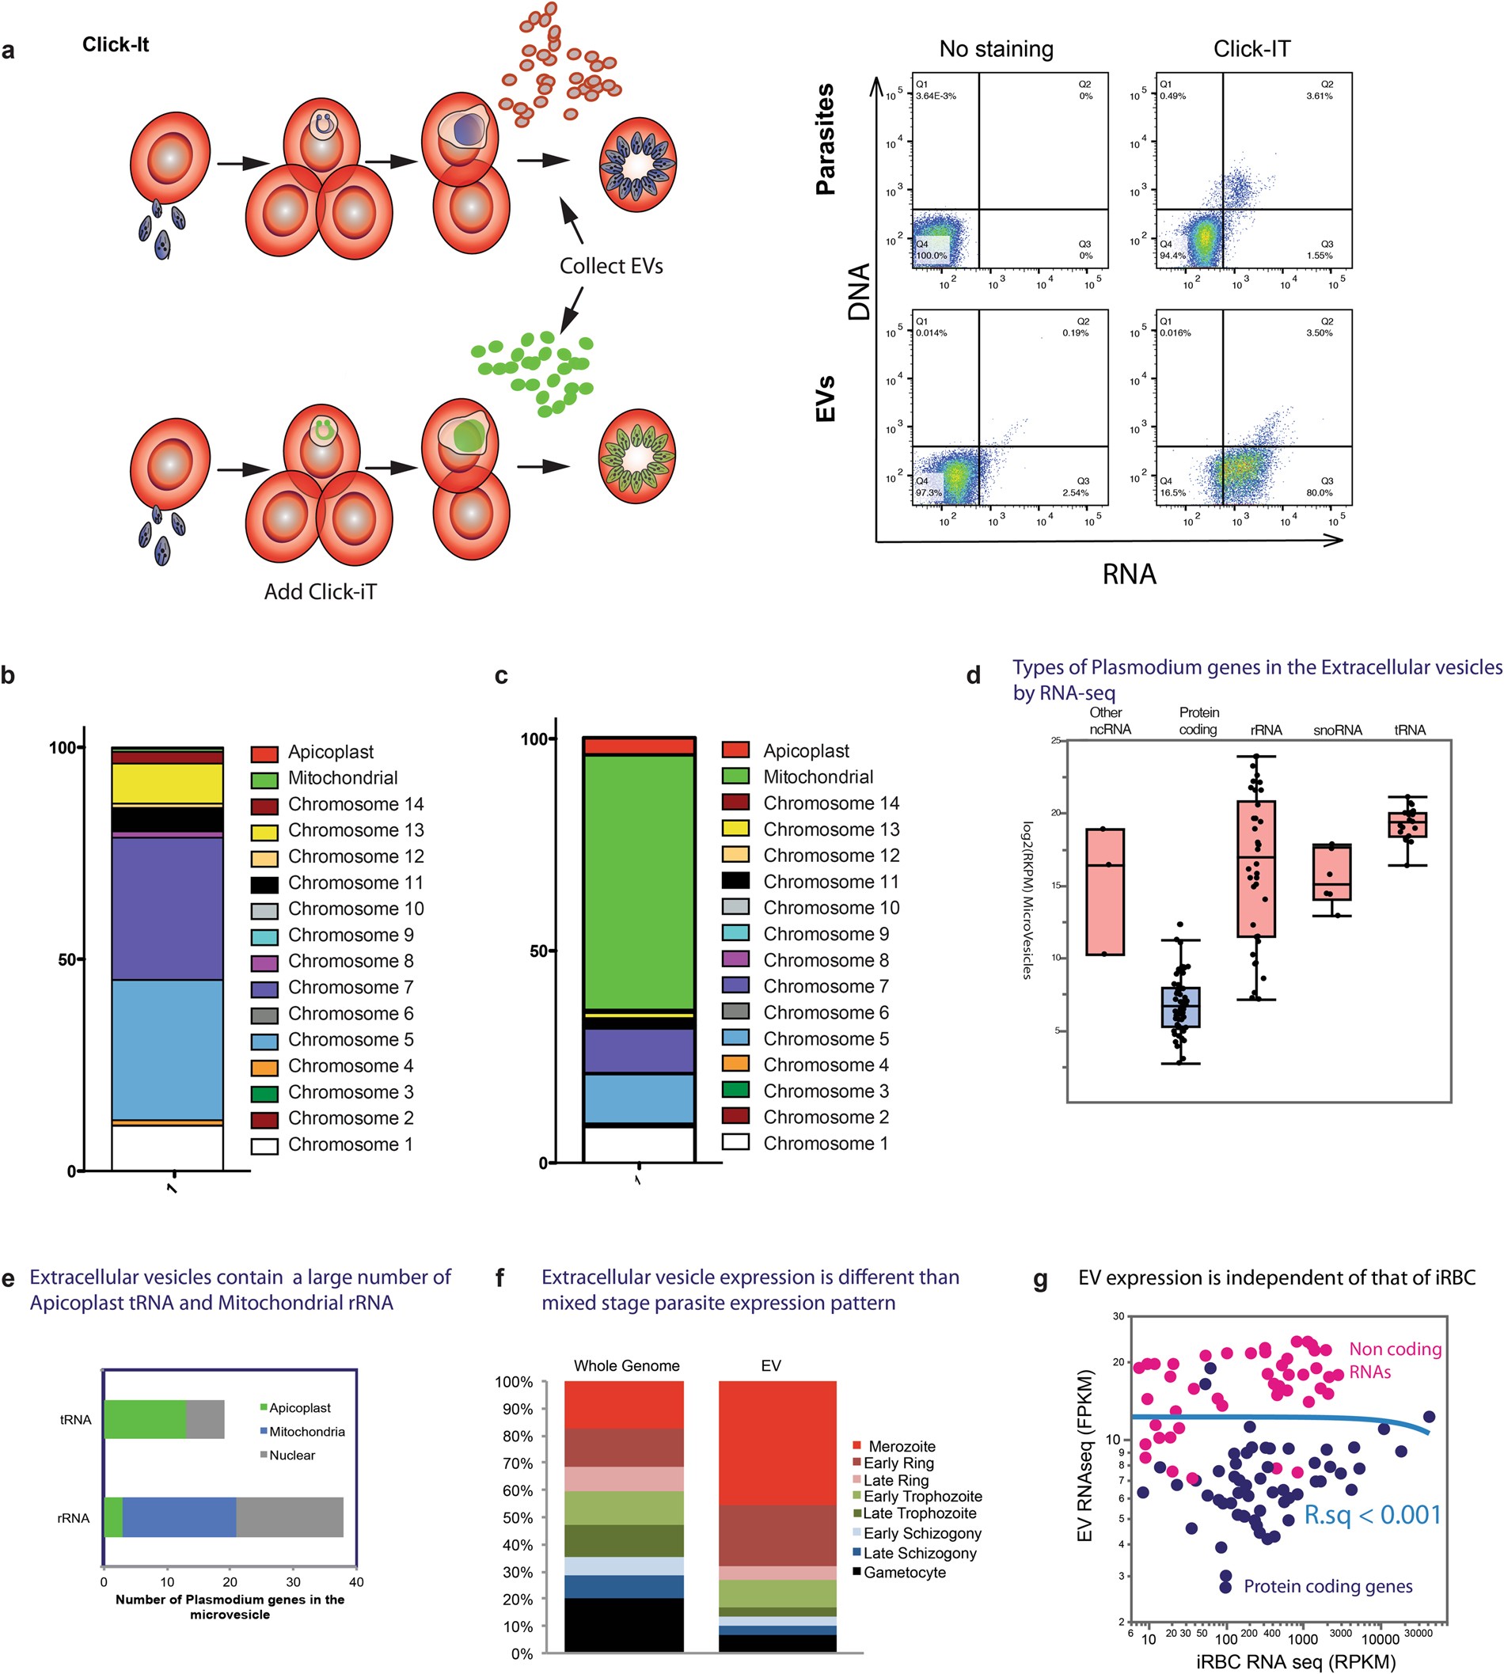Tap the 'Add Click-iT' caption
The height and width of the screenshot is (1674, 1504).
click(320, 591)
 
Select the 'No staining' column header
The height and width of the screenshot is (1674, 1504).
click(996, 50)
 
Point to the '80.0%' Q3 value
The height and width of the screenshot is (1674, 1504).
click(1319, 492)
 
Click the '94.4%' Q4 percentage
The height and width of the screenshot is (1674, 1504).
click(1172, 256)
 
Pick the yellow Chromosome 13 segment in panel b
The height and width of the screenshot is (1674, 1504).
click(167, 784)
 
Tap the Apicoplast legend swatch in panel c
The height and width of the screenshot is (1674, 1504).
click(735, 750)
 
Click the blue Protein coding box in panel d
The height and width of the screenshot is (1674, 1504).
click(1181, 1008)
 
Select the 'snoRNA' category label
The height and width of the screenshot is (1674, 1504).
click(1337, 731)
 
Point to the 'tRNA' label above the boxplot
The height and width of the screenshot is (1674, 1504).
click(1409, 731)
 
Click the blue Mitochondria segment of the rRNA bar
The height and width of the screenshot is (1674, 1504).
click(180, 1519)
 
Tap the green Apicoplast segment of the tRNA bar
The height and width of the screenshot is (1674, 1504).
click(146, 1419)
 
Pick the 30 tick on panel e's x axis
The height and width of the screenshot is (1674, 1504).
click(294, 1582)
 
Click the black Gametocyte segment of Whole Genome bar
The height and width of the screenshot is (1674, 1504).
click(624, 1625)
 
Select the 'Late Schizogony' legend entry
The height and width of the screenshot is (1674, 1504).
click(919, 1554)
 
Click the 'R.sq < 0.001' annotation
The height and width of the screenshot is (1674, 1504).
click(1372, 1516)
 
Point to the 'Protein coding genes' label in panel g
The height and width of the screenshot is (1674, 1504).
click(1327, 1586)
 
